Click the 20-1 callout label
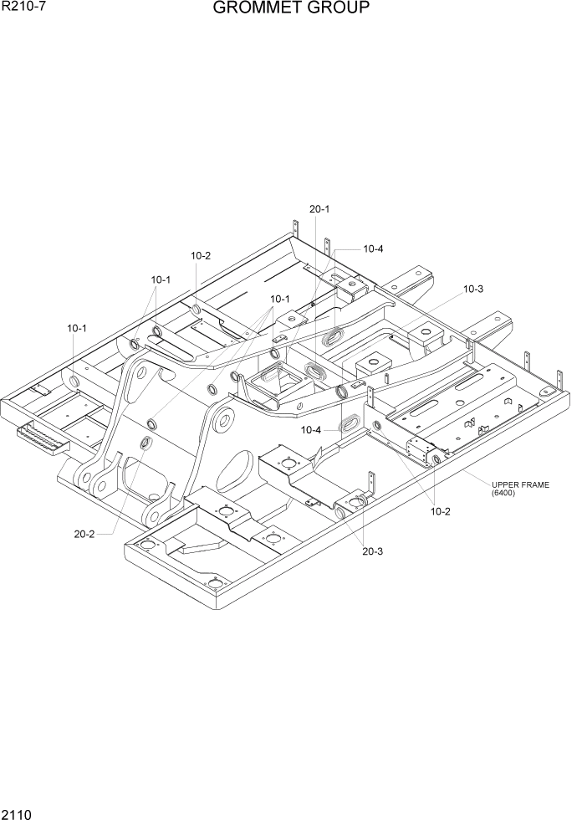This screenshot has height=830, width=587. [319, 209]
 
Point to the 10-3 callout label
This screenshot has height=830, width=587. [473, 289]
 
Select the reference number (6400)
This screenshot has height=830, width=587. [504, 494]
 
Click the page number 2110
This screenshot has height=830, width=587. [16, 815]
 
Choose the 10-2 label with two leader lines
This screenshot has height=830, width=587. [441, 511]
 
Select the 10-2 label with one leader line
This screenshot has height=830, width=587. [201, 256]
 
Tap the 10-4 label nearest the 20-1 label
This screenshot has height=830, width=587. [373, 248]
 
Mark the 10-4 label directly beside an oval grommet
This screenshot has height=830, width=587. [311, 430]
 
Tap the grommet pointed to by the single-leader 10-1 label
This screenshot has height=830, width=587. [76, 381]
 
